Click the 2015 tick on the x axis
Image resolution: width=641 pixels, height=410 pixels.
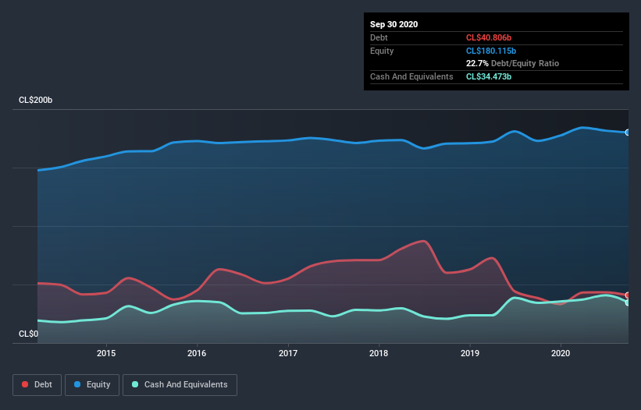(x=106, y=353)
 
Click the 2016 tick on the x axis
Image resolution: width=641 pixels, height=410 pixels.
(x=197, y=353)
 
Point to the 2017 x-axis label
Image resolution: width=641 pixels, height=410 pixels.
(x=288, y=353)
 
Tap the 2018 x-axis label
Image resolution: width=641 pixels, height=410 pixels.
(x=379, y=353)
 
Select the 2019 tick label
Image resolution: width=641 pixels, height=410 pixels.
(x=470, y=353)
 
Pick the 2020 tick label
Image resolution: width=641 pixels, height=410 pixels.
(x=561, y=353)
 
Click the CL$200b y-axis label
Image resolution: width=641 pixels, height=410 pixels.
(x=36, y=101)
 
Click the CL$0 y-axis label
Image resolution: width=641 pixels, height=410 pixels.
(x=28, y=334)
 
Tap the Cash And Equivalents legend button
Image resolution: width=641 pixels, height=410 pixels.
(x=180, y=384)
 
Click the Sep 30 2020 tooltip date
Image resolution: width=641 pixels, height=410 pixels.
(x=394, y=24)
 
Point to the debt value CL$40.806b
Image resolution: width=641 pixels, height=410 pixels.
(x=490, y=37)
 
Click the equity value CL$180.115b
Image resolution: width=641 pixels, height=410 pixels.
(x=492, y=51)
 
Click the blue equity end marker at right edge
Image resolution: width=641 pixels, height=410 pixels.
(x=628, y=133)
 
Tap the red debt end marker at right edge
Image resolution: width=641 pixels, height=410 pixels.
(x=628, y=295)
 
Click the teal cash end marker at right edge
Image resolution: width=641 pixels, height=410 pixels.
(x=628, y=302)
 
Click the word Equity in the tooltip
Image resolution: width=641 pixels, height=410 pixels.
(x=383, y=51)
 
